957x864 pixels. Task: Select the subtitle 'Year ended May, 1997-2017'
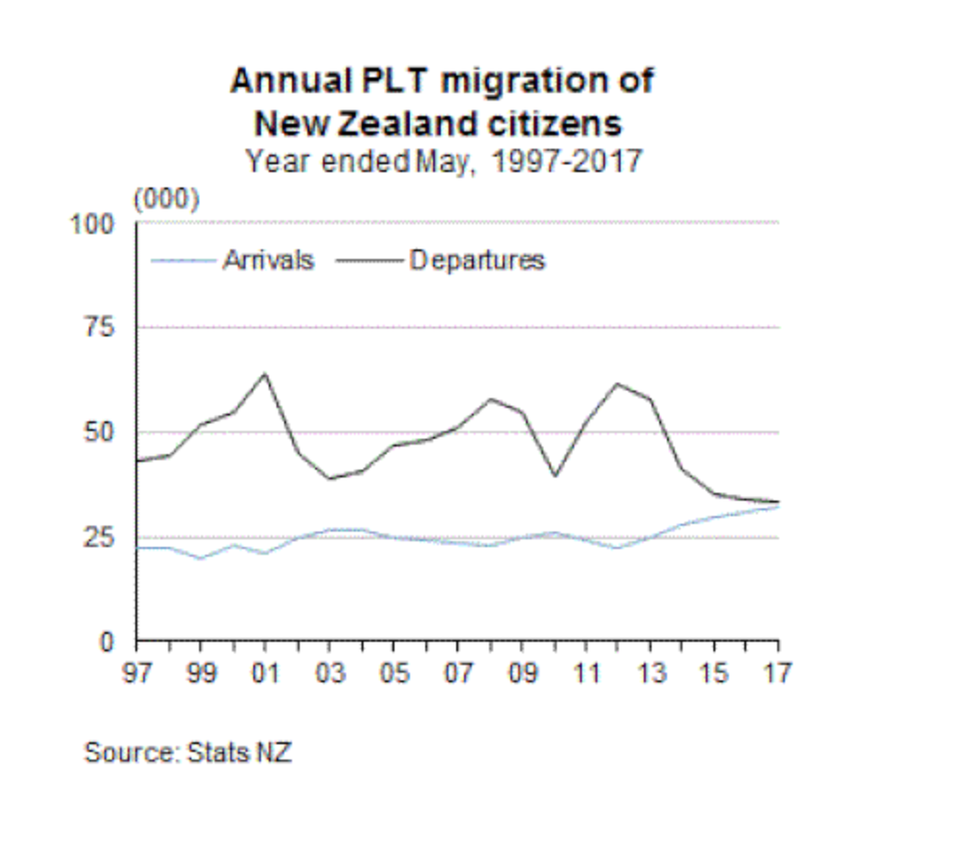(444, 159)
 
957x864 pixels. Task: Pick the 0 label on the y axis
(109, 642)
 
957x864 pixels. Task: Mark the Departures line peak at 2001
(265, 374)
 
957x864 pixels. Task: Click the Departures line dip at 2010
(554, 475)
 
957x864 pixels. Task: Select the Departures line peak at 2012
(618, 384)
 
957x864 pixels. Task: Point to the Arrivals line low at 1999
(201, 558)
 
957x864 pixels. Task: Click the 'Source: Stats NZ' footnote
(188, 752)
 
